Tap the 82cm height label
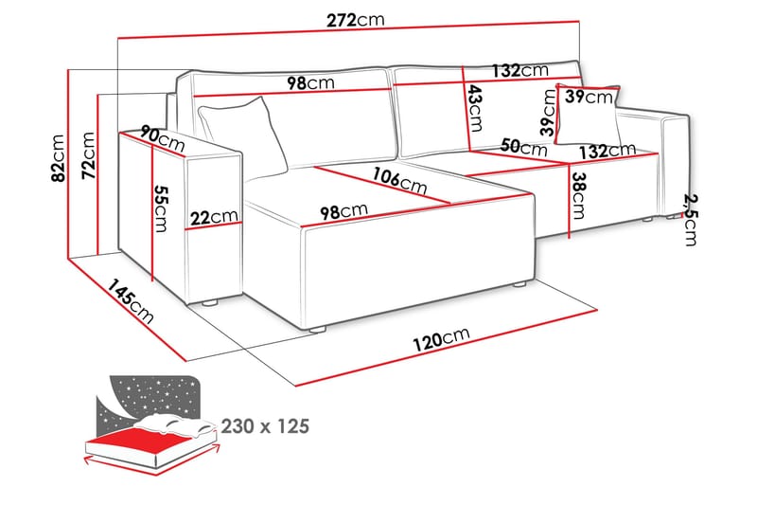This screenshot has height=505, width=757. pos(58,158)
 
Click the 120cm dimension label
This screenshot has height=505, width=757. pos(443,338)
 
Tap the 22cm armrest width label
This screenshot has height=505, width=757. pos(214,218)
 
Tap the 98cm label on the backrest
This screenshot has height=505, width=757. pos(310,83)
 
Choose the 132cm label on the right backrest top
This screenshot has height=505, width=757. pos(519,71)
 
